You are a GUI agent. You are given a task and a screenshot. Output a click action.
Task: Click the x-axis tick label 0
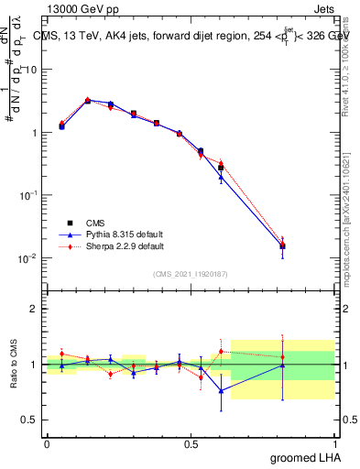point(47,442)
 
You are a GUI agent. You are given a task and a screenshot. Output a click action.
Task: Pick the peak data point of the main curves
point(88,101)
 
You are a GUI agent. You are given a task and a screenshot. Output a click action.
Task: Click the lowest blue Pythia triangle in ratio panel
point(221,391)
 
